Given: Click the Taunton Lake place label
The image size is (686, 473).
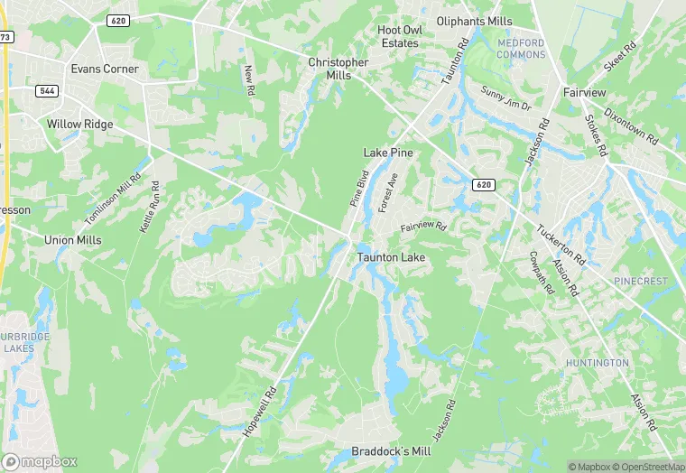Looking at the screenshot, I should pyautogui.click(x=391, y=257).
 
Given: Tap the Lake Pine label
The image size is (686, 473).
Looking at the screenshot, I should pyautogui.click(x=388, y=153).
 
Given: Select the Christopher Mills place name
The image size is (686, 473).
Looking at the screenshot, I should pyautogui.click(x=338, y=69).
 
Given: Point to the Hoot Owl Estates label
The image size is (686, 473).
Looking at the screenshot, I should pyautogui.click(x=400, y=36).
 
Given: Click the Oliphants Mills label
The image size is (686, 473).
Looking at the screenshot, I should pyautogui.click(x=474, y=21).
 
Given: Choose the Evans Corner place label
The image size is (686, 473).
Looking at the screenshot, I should pyautogui.click(x=105, y=69).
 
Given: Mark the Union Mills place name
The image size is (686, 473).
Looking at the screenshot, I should pyautogui.click(x=73, y=240).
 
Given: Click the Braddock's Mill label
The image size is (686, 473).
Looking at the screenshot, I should pyautogui.click(x=392, y=451).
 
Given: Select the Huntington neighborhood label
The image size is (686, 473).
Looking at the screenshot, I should pyautogui.click(x=597, y=362).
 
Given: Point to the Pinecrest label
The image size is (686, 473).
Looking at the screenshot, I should pyautogui.click(x=641, y=282).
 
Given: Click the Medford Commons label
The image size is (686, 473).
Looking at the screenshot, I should pyautogui.click(x=522, y=49).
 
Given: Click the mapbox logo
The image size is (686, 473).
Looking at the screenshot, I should pyautogui.click(x=41, y=460).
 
